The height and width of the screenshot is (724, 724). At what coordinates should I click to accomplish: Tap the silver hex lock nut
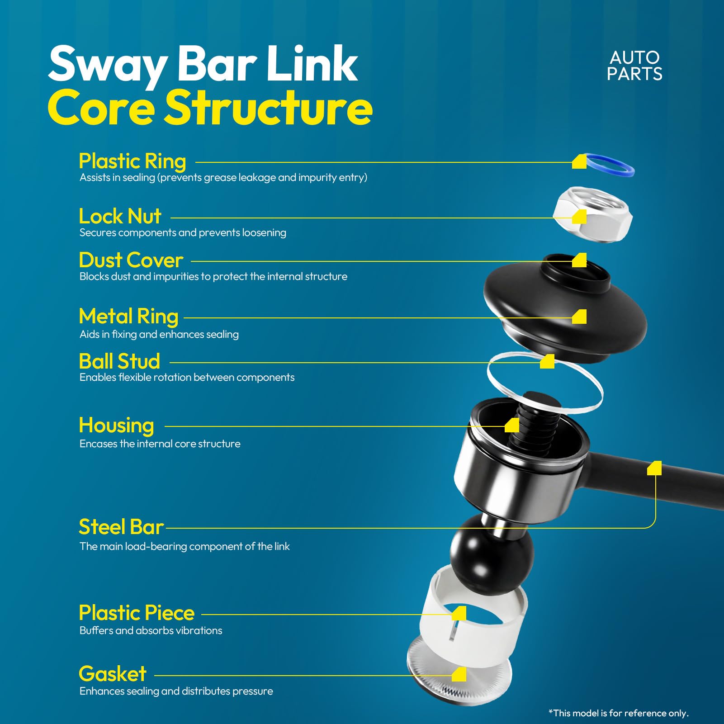593,214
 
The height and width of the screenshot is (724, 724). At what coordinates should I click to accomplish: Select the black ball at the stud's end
492,554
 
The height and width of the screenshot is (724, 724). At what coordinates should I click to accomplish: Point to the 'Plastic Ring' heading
132,161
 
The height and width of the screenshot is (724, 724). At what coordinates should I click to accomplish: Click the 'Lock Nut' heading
120,216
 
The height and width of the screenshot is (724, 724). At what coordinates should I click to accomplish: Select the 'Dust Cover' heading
131,260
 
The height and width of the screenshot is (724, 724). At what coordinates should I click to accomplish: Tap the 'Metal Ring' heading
128,317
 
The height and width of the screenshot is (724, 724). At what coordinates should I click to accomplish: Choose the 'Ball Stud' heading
119,361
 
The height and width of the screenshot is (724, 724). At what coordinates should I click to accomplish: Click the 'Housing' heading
116,426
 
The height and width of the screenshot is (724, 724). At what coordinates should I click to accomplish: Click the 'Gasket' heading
113,674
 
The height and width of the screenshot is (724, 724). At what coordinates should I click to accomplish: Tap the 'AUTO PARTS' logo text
634,66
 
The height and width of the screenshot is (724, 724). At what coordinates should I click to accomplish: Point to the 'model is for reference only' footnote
619,713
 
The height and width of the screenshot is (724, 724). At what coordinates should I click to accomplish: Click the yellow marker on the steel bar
654,468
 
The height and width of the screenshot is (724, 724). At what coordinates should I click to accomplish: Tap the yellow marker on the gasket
459,674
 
